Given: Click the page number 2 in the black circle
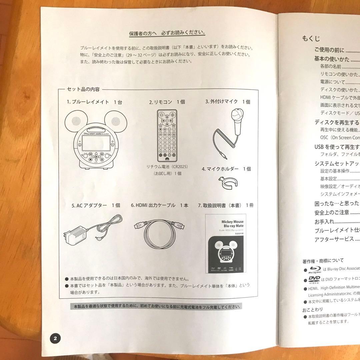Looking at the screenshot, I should [x=55, y=338].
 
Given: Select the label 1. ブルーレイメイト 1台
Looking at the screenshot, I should [x=94, y=102].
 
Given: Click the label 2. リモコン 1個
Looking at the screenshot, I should [x=167, y=102].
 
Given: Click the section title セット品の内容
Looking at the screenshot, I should [x=83, y=89].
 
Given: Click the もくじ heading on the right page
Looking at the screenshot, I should [x=311, y=38].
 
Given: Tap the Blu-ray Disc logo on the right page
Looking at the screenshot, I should [x=314, y=269].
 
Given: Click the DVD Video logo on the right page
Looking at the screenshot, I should [x=314, y=280].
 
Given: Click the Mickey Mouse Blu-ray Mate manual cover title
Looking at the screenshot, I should [x=232, y=223].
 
